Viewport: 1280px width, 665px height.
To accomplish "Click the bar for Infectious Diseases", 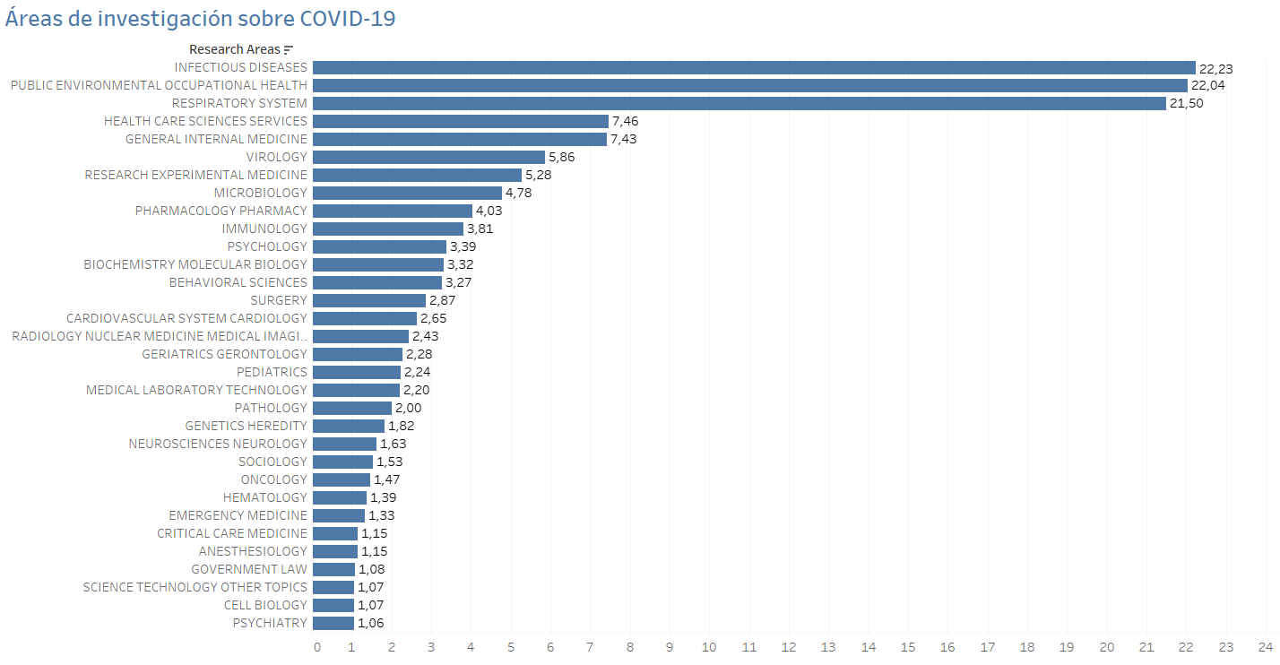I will (753, 67).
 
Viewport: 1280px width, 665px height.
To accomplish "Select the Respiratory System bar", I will (739, 103).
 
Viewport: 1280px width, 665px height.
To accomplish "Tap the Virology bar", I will (428, 157).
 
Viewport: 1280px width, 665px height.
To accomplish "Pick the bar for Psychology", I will (379, 246).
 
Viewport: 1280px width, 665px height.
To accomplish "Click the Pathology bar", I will (351, 408).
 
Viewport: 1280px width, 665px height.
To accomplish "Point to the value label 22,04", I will (1207, 85).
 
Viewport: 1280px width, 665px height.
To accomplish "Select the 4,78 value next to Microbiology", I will (521, 193).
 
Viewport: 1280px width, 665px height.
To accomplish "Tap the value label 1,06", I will (370, 623).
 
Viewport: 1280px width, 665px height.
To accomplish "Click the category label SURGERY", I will (278, 300).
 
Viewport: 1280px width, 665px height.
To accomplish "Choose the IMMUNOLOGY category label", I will (264, 229).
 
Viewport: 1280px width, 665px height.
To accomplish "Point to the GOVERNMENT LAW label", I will (248, 569).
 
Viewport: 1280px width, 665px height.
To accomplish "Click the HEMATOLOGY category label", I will (264, 497).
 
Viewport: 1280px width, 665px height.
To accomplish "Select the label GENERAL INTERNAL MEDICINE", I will (216, 139).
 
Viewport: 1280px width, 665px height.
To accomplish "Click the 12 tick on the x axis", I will (789, 647).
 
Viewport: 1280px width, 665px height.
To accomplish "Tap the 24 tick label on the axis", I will (1265, 647).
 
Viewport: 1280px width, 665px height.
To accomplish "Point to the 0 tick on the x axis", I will (316, 647).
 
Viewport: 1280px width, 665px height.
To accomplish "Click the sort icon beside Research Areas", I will (289, 50).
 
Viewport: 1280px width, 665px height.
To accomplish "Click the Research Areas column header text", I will (234, 49).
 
